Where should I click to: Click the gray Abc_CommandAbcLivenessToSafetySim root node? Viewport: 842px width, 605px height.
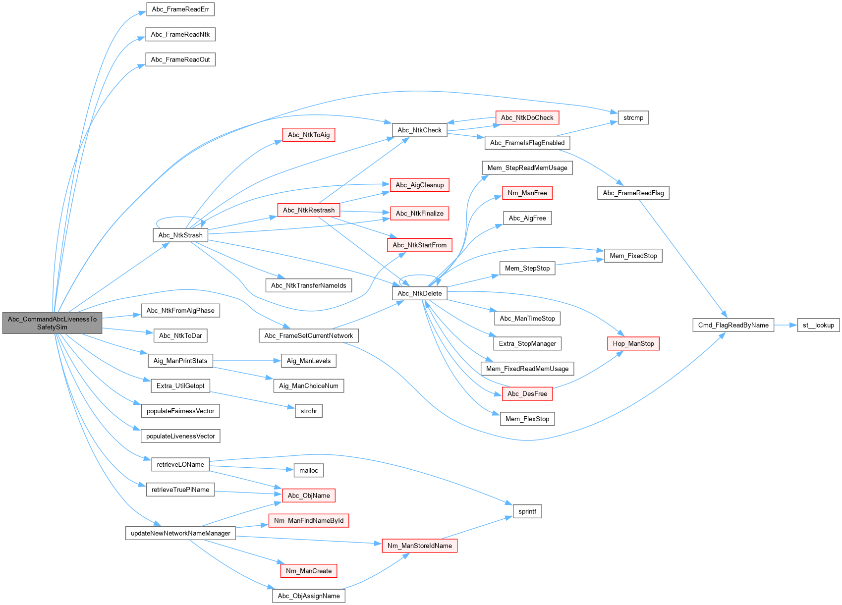coord(52,323)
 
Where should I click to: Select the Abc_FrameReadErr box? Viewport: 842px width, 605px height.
coord(180,9)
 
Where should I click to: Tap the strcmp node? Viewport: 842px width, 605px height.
coord(633,117)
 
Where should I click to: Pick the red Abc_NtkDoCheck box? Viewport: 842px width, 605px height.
coord(527,117)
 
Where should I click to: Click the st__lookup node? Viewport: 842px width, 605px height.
coord(818,325)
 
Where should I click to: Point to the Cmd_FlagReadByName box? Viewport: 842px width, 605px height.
coord(733,325)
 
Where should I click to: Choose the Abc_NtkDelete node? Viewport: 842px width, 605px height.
coord(419,293)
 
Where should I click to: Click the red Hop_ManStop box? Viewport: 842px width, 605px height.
coord(633,343)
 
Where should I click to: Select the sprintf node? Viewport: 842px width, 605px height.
coord(527,511)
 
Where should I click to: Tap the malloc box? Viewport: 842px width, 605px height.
coord(308,470)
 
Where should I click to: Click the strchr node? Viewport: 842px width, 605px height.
coord(308,411)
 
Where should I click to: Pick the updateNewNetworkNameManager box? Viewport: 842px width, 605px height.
coord(180,533)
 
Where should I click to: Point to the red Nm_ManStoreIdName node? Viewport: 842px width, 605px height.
coord(419,546)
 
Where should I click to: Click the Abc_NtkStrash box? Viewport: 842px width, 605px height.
coord(180,235)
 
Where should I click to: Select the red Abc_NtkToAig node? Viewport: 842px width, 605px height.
coord(308,135)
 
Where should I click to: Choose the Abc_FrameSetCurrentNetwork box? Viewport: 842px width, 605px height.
coord(308,335)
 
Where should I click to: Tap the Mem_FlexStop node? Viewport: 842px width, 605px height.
coord(527,419)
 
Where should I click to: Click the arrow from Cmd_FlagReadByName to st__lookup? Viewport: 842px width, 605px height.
coord(786,325)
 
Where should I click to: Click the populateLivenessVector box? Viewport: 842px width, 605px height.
coord(180,436)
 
